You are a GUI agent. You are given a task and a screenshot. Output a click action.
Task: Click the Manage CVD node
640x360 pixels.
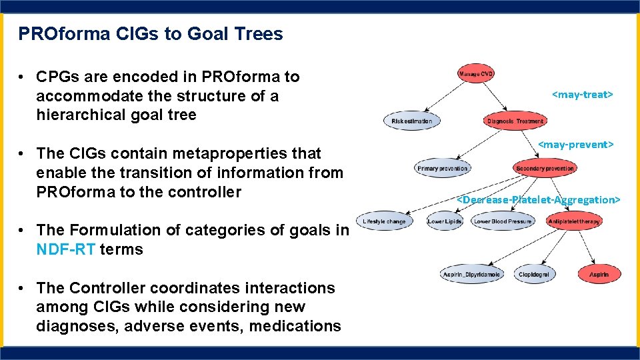[x=476, y=73]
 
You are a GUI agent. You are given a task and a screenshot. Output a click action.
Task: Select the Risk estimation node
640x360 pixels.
[x=412, y=121]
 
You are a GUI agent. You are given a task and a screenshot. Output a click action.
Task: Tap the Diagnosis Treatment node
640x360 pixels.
[x=515, y=121]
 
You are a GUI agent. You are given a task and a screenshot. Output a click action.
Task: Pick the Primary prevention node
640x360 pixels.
[x=442, y=169]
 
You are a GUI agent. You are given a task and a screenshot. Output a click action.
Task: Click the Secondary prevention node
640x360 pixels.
[x=545, y=169]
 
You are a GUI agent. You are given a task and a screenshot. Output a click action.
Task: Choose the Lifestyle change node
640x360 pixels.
[x=384, y=221]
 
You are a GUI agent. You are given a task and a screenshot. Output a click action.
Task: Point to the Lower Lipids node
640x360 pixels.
[x=445, y=221]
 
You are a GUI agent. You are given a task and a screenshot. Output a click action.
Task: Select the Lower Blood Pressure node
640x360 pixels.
[x=503, y=221]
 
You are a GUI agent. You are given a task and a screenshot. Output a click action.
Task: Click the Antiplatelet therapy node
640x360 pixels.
[x=573, y=221]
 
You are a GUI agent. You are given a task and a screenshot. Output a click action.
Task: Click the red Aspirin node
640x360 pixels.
[x=599, y=274]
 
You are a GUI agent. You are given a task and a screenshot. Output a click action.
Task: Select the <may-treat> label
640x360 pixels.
[x=582, y=95]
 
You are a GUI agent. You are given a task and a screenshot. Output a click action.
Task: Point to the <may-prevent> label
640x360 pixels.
[x=575, y=144]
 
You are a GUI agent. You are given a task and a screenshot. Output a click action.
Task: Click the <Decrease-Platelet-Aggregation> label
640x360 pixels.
[x=539, y=199]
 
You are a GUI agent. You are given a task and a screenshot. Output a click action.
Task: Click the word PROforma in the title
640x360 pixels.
[x=53, y=33]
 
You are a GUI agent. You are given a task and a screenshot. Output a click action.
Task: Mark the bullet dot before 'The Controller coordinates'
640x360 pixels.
[x=23, y=288]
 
